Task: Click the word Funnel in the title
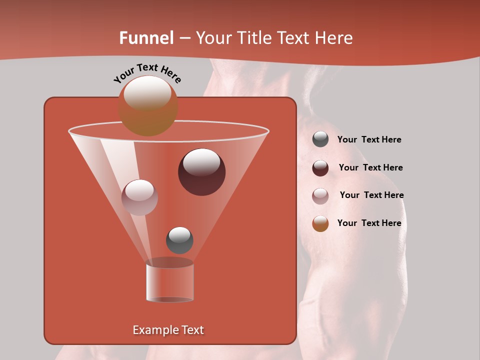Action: click(146, 38)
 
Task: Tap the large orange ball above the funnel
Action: click(148, 105)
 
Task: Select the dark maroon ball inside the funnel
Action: click(202, 172)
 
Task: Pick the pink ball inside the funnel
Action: click(139, 197)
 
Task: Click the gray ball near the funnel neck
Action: click(179, 240)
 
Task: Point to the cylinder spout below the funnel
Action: click(169, 281)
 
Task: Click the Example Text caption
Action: click(168, 330)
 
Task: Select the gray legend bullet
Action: click(320, 139)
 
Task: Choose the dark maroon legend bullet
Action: click(320, 168)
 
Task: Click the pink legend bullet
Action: click(320, 196)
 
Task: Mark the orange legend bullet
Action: click(320, 223)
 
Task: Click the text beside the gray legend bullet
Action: click(369, 140)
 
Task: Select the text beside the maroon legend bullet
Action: click(370, 168)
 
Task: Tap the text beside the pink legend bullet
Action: click(371, 195)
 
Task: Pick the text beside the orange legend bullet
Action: click(369, 223)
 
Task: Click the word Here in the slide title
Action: click(332, 38)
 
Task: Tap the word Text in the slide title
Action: click(293, 38)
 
